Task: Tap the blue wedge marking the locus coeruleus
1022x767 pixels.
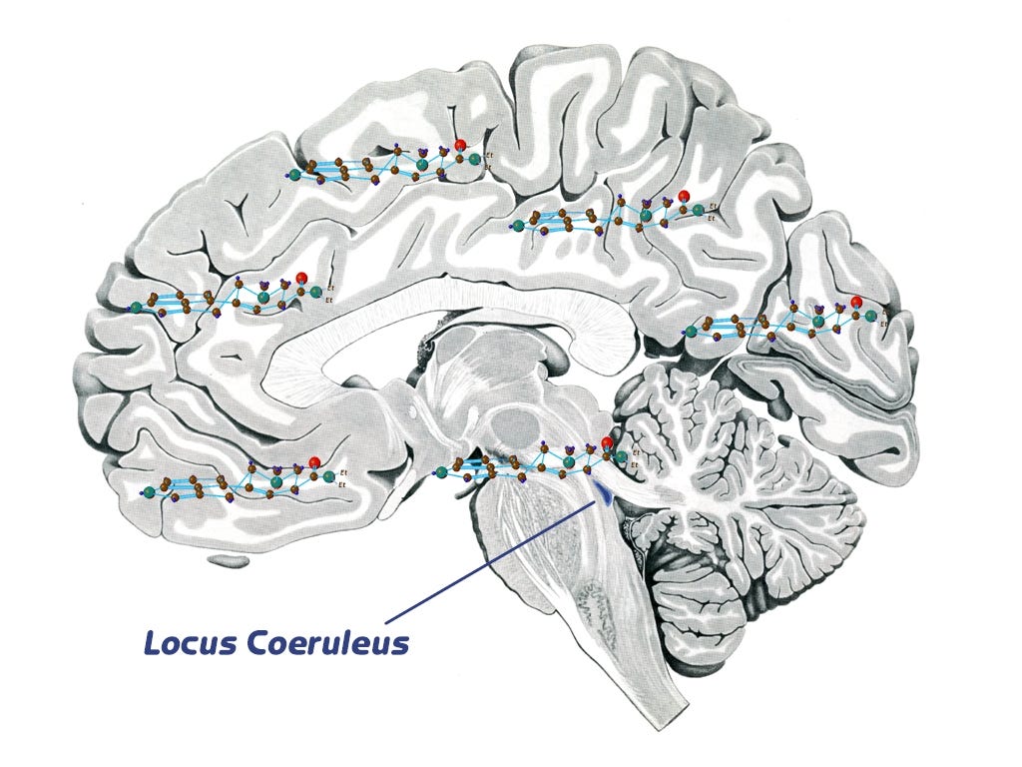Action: pyautogui.click(x=603, y=488)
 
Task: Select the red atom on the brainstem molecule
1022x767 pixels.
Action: pyautogui.click(x=607, y=442)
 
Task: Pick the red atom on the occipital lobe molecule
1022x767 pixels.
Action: pyautogui.click(x=855, y=302)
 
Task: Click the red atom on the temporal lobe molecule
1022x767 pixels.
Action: pyautogui.click(x=314, y=461)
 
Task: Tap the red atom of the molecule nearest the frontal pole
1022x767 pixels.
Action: pyautogui.click(x=299, y=278)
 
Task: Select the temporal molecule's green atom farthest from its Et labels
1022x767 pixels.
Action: pyautogui.click(x=149, y=491)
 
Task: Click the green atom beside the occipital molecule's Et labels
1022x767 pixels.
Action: pyautogui.click(x=871, y=316)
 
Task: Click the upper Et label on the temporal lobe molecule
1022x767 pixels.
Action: pyautogui.click(x=342, y=470)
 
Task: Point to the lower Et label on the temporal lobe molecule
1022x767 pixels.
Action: pyautogui.click(x=342, y=483)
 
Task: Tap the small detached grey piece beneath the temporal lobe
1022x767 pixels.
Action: pyautogui.click(x=231, y=560)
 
